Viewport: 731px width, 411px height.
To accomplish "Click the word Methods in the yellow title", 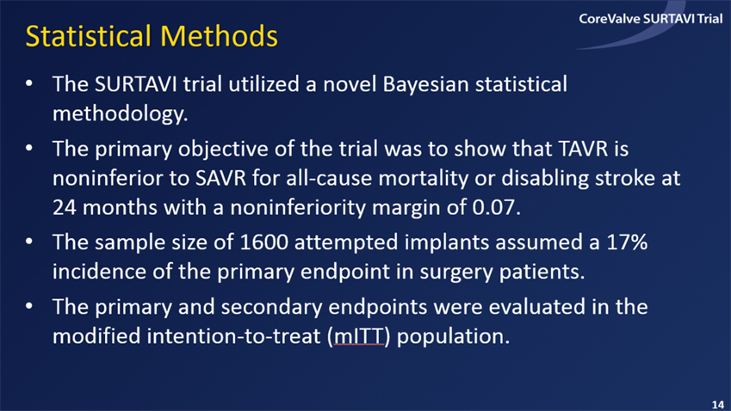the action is (x=219, y=36).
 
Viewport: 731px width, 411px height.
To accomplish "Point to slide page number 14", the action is (x=717, y=404).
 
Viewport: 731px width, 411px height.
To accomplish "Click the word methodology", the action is (x=120, y=114).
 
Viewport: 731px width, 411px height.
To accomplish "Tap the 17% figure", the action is (x=627, y=242).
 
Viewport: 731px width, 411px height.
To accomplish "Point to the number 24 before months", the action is (x=65, y=207).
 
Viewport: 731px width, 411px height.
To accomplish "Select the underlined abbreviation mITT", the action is (x=359, y=336).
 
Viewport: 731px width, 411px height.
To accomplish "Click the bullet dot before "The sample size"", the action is (x=29, y=242).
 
